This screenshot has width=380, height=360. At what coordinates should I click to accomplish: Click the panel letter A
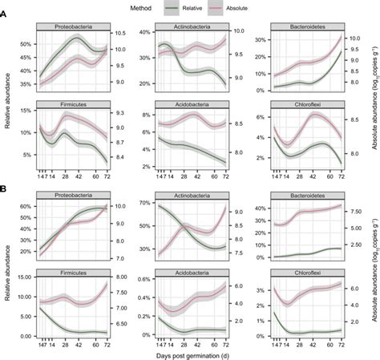[5, 23]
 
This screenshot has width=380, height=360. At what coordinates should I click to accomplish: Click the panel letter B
[5, 189]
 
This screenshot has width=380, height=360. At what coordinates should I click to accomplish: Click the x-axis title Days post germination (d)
[189, 354]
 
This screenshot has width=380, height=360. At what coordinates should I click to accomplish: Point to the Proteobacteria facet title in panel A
[74, 27]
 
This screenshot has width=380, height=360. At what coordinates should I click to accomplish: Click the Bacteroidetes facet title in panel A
[304, 27]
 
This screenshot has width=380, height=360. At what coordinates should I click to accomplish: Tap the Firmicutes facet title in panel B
[74, 272]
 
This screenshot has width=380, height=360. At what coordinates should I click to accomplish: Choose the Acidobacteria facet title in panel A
[189, 104]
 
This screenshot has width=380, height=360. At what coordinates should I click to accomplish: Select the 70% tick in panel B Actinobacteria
[141, 203]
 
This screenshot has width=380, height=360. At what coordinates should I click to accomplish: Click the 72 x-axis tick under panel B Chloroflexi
[342, 342]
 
